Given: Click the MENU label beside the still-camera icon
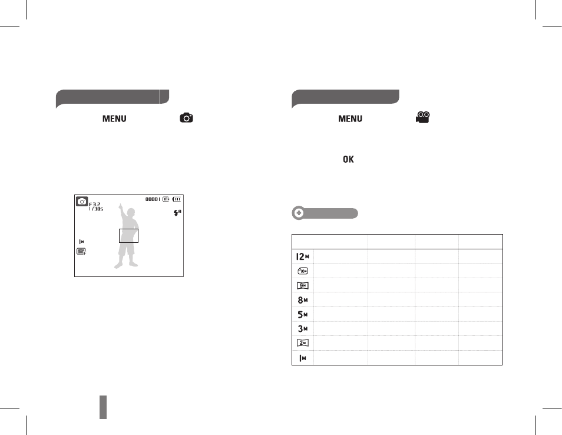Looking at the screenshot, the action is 114,118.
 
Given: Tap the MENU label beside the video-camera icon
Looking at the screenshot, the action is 350,118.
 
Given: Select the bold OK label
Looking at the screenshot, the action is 348,159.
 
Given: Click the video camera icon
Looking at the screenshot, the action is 423,117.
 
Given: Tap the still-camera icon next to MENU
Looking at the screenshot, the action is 186,118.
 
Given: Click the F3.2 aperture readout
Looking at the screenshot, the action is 95,205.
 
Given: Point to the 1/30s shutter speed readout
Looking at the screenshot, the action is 96,209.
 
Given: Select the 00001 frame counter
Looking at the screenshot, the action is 153,199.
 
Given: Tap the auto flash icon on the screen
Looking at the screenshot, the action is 177,213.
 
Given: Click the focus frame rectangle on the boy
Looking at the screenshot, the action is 128,229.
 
